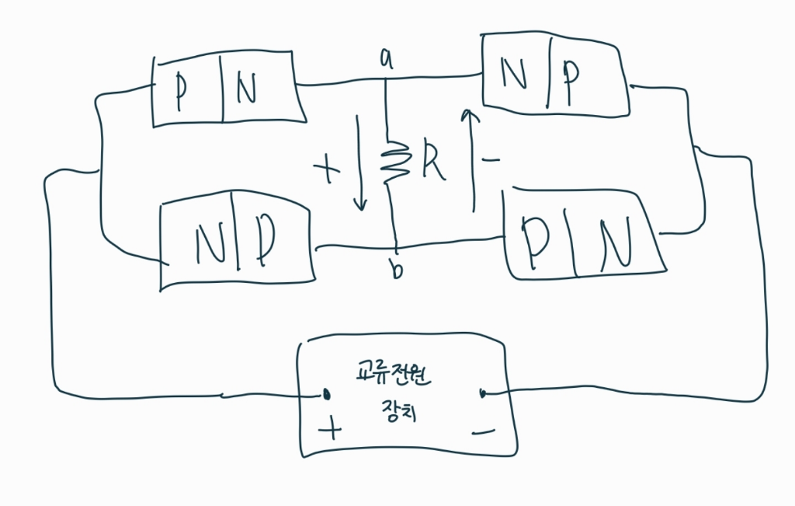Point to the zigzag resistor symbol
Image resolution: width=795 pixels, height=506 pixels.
(x=394, y=161)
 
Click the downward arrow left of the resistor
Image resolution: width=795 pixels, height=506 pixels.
(x=359, y=163)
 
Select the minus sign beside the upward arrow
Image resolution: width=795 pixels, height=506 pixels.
(x=490, y=160)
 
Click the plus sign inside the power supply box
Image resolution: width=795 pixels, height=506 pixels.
(x=331, y=428)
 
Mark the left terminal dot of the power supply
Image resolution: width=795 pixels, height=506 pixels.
(x=327, y=394)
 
